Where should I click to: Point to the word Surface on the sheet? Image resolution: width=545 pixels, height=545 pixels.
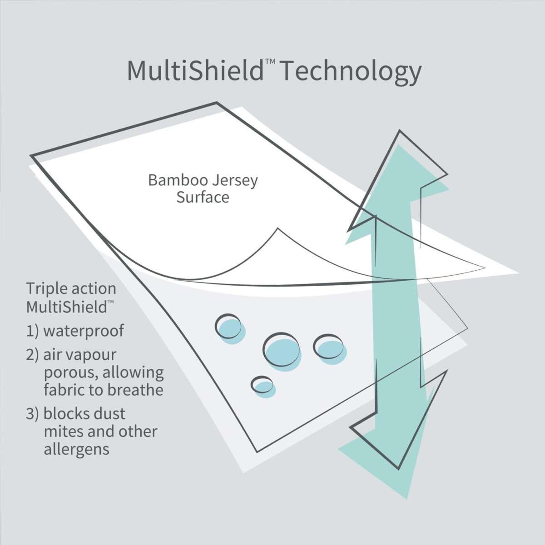click(203, 198)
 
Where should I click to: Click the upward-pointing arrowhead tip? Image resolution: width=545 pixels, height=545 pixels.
click(400, 133)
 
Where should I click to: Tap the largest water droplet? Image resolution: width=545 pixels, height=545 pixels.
click(282, 350)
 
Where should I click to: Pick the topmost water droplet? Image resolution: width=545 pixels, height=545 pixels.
click(231, 326)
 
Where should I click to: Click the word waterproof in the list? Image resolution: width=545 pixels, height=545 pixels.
click(83, 331)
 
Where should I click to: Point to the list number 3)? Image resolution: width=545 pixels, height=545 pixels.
click(33, 414)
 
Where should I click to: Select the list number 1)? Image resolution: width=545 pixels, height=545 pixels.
click(33, 331)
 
